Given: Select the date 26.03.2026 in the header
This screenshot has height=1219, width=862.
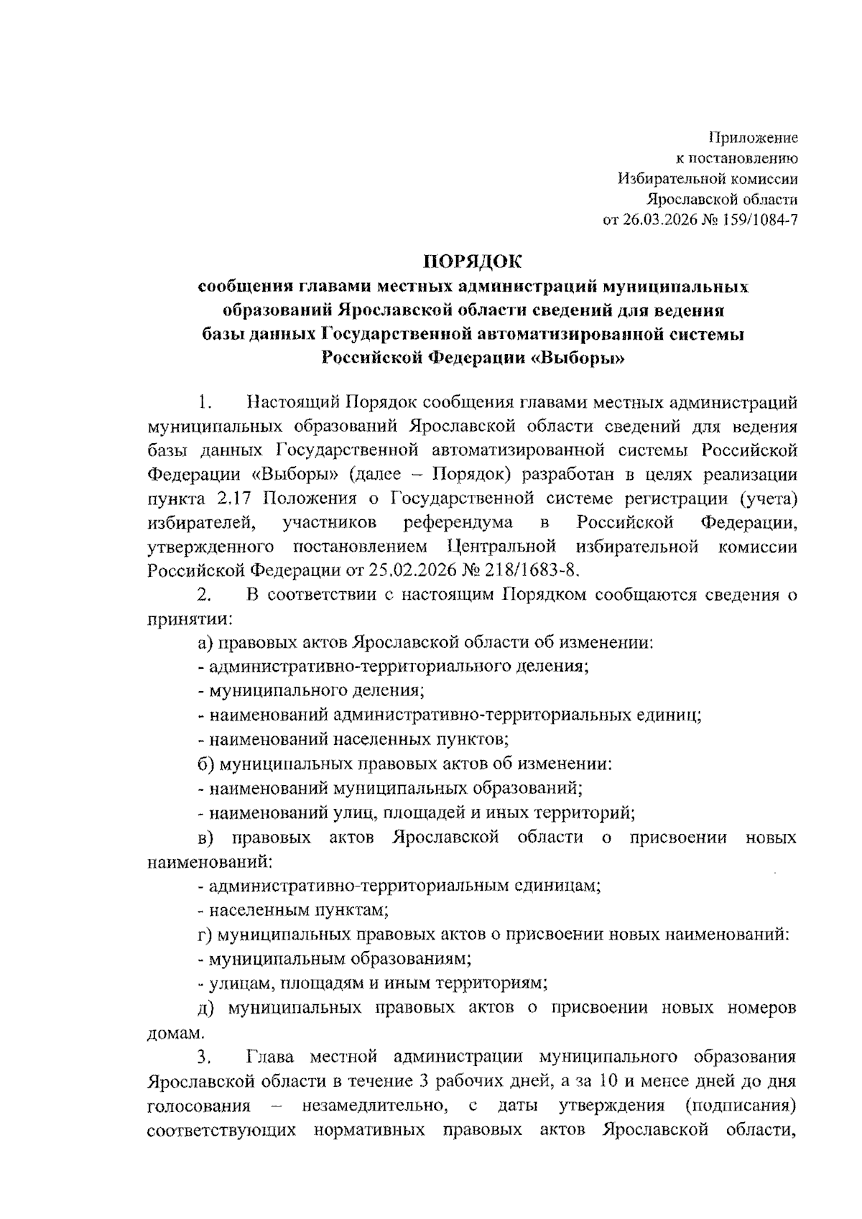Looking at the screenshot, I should click(657, 220).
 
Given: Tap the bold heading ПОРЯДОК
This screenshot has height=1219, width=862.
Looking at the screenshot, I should click(473, 261).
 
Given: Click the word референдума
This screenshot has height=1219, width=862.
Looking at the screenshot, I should click(458, 522).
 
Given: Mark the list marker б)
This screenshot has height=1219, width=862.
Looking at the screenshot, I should click(205, 764).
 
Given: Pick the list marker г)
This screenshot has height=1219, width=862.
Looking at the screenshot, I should click(205, 935).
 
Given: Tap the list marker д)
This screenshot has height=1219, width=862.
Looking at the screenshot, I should click(205, 1008).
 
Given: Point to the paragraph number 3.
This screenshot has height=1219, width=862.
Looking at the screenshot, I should click(205, 1057).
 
